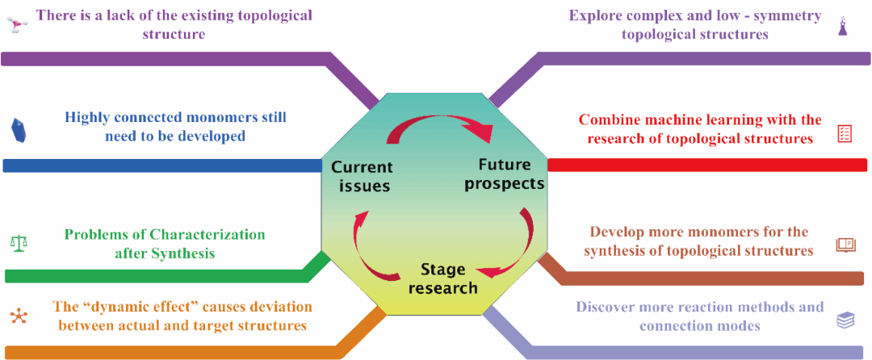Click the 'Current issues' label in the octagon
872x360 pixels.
pyautogui.click(x=361, y=177)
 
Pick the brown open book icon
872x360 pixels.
pyautogui.click(x=845, y=245)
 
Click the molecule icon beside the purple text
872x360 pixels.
pyautogui.click(x=17, y=25)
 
